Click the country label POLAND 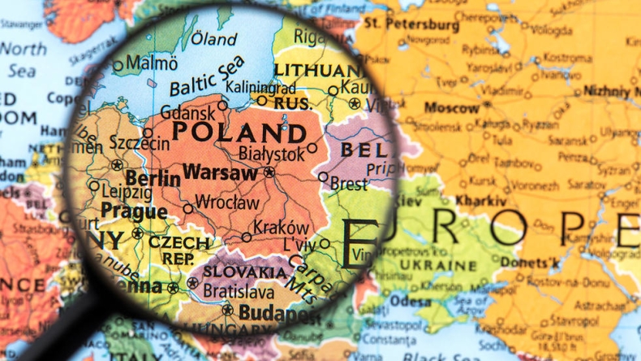coord(240,133)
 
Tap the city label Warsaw coord(222,172)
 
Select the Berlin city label coord(153,179)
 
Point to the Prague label coord(134,211)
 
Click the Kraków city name coord(281,228)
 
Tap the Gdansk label coord(187,112)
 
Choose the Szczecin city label coord(140,144)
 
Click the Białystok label coord(271,152)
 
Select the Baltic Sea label coord(206,76)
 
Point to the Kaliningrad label coord(242,86)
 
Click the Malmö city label coord(152,63)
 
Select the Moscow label coord(452,107)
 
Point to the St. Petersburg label coord(411,24)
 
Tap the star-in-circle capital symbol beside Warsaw coord(269,172)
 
